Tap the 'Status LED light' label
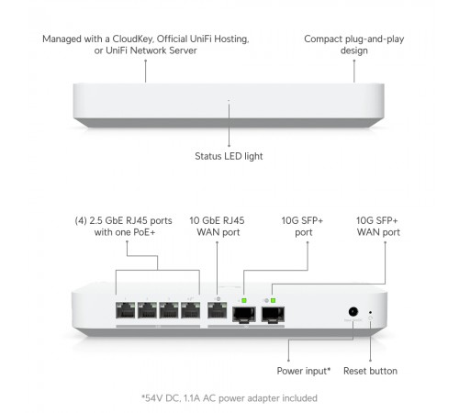tap(229, 156)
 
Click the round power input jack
tap(350, 312)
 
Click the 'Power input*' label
tap(302, 371)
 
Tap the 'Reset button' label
tap(370, 371)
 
